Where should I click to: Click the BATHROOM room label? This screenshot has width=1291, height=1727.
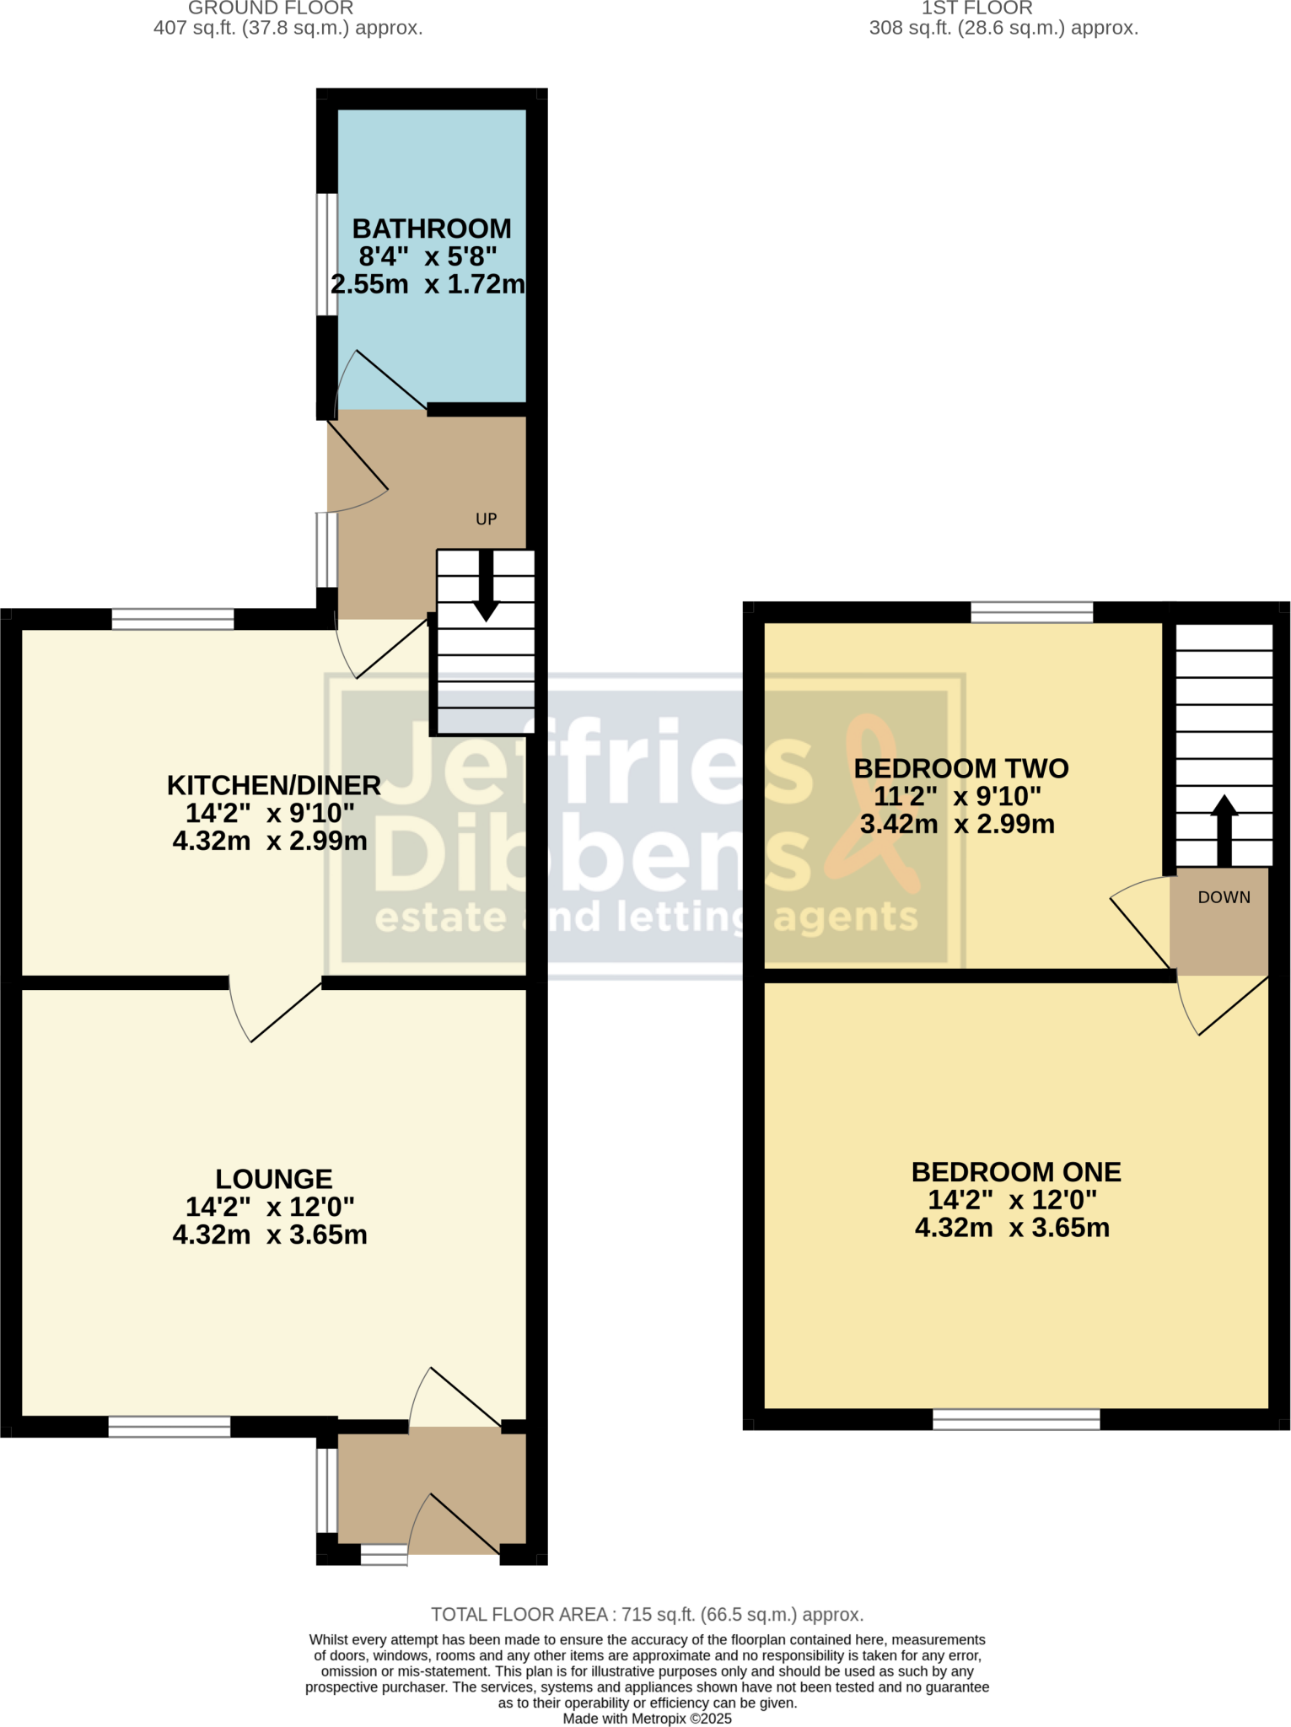[x=431, y=229]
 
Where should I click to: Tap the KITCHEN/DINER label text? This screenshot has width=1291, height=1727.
[x=274, y=785]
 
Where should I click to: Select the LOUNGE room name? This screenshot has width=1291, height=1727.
[x=274, y=1178]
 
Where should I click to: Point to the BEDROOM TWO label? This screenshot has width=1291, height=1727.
[x=961, y=768]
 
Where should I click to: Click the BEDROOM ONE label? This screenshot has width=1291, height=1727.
[x=1016, y=1171]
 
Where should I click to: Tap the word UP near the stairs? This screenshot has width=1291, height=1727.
[x=487, y=519]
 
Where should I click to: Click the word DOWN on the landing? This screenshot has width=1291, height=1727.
[x=1224, y=897]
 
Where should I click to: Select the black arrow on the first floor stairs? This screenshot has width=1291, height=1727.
[x=1224, y=830]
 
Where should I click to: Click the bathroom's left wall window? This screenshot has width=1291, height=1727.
[x=327, y=255]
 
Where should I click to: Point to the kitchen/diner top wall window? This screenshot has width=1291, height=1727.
[x=173, y=619]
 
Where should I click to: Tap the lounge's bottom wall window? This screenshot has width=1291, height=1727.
[x=169, y=1426]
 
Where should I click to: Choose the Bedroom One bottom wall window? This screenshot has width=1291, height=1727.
[x=1016, y=1419]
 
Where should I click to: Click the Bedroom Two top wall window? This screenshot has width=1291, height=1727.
[x=1032, y=612]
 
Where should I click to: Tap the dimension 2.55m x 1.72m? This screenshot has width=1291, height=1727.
[x=428, y=284]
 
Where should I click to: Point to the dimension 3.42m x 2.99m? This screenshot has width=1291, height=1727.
[x=957, y=824]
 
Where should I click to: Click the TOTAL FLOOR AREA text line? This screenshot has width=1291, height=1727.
[x=647, y=1615]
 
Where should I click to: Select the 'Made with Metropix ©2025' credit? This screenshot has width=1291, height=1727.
[x=647, y=1719]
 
